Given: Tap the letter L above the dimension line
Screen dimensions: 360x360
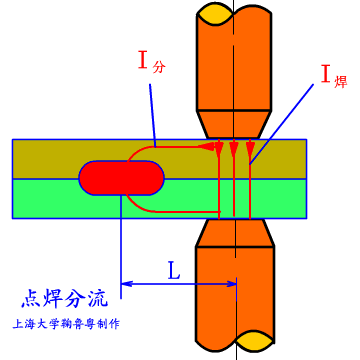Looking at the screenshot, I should (174, 270).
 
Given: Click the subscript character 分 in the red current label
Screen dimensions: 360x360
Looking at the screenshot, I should (159, 68).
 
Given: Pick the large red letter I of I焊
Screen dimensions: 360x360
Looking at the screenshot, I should (326, 72).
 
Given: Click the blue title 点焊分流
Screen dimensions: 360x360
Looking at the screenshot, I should (65, 299).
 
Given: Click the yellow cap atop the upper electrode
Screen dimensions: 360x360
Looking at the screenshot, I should (235, 14).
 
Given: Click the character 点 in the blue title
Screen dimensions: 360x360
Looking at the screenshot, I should (31, 299).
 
